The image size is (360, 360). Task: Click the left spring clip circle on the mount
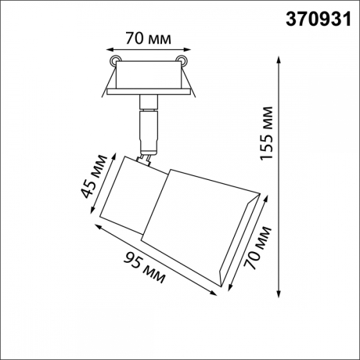[x=115, y=60]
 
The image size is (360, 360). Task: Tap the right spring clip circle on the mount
[x=183, y=60]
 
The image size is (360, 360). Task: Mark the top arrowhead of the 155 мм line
[x=280, y=58]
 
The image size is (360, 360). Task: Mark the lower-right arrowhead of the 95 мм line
[x=216, y=293]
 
